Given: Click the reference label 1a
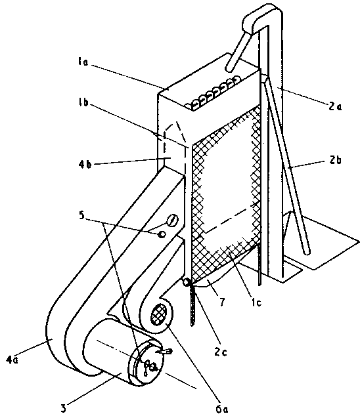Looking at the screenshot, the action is tap(83, 62).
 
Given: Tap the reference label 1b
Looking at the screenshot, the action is tap(84, 102).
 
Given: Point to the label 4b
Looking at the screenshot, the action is tap(85, 164).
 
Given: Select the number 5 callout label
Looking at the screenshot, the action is tap(81, 215).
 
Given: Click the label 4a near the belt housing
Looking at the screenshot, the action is tap(12, 360).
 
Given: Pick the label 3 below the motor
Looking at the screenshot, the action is tap(63, 407).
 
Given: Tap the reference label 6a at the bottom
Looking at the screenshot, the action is tap(222, 409).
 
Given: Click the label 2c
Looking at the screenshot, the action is tap(221, 352).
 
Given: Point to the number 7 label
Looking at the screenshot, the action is tap(221, 301).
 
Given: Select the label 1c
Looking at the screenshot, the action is tap(256, 302).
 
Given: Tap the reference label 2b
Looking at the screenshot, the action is tap(335, 160).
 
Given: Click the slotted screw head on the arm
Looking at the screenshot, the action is tap(172, 220).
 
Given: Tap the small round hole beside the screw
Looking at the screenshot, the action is tap(162, 234).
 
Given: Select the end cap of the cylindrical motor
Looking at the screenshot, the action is tap(147, 362).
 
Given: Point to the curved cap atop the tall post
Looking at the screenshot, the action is tap(261, 18).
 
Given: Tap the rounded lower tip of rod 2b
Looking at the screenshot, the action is tap(307, 251).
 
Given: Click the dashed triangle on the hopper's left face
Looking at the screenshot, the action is tap(174, 135).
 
